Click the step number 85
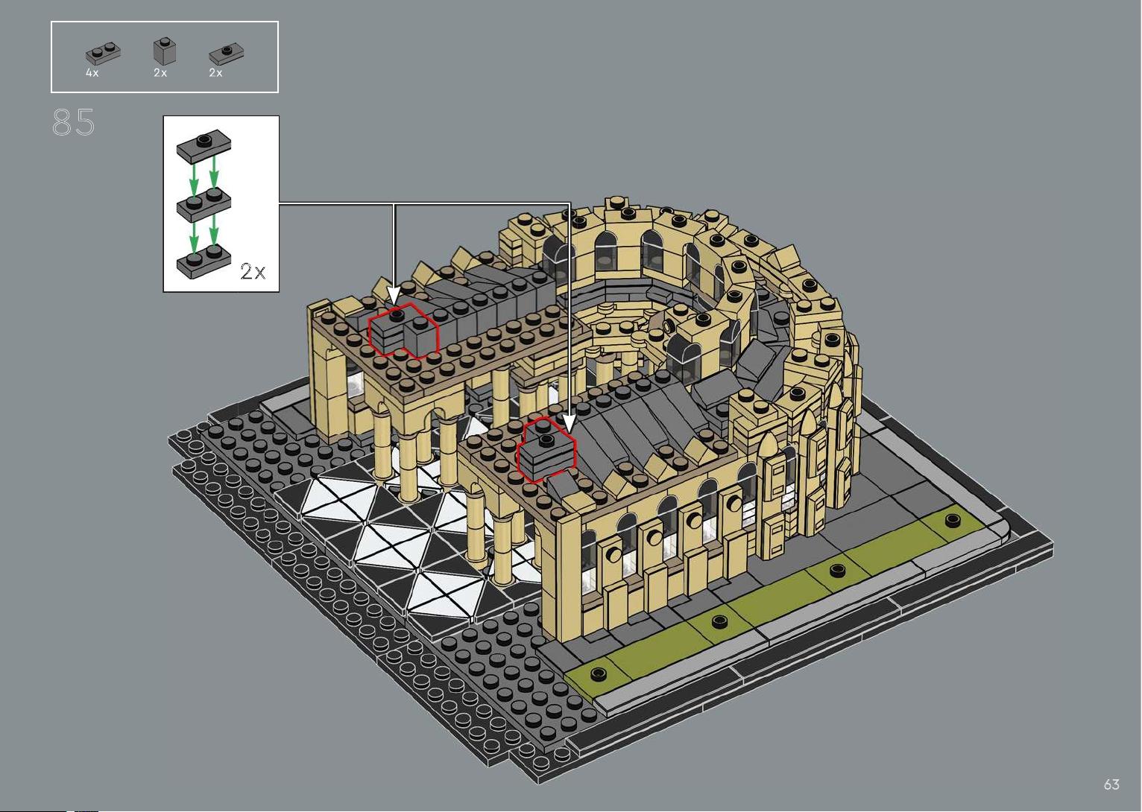click(73, 122)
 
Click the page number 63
click(1111, 784)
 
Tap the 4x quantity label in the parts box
click(92, 73)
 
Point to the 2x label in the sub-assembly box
click(253, 271)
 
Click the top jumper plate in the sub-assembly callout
click(204, 145)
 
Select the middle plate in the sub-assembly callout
click(204, 205)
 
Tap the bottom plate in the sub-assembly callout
click(204, 261)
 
